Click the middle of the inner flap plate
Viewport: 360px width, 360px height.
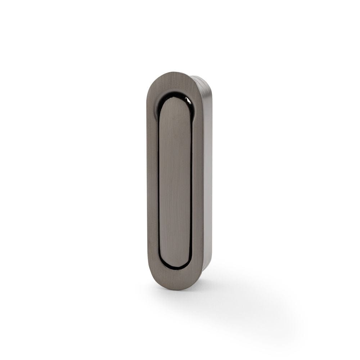click(x=175, y=180)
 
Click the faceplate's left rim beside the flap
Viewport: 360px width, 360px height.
click(x=152, y=180)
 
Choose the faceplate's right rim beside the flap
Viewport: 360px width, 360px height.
click(x=198, y=180)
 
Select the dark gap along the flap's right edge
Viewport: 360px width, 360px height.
click(x=192, y=180)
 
